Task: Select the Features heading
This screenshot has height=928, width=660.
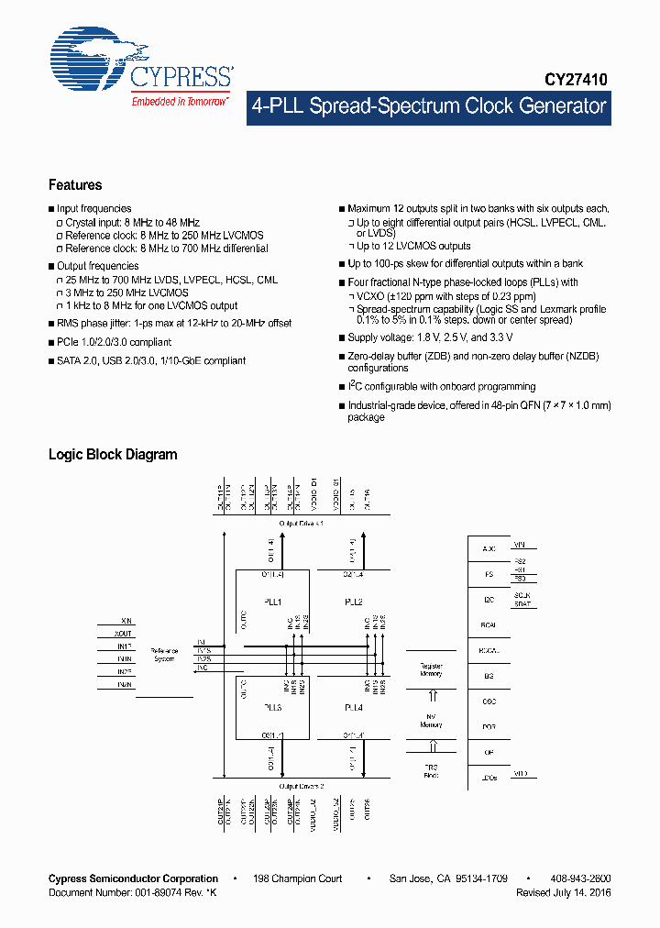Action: click(x=75, y=184)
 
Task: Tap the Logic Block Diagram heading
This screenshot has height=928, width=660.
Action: click(x=113, y=455)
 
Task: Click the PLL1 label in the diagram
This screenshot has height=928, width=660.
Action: click(x=273, y=602)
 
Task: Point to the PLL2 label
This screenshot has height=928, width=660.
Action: click(x=354, y=602)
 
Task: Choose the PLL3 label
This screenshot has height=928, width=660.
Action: click(x=273, y=708)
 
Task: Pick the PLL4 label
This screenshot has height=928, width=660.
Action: click(x=354, y=708)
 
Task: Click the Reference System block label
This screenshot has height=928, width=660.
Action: click(x=165, y=653)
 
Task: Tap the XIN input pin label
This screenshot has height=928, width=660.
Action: click(x=126, y=621)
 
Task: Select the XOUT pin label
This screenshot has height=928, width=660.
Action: click(x=124, y=634)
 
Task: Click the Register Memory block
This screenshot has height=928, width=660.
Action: click(x=431, y=669)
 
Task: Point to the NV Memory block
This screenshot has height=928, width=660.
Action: click(x=431, y=721)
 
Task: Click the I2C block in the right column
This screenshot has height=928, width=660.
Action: click(x=489, y=600)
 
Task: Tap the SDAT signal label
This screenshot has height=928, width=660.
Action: click(x=522, y=604)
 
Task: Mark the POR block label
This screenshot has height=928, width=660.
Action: click(x=489, y=727)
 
